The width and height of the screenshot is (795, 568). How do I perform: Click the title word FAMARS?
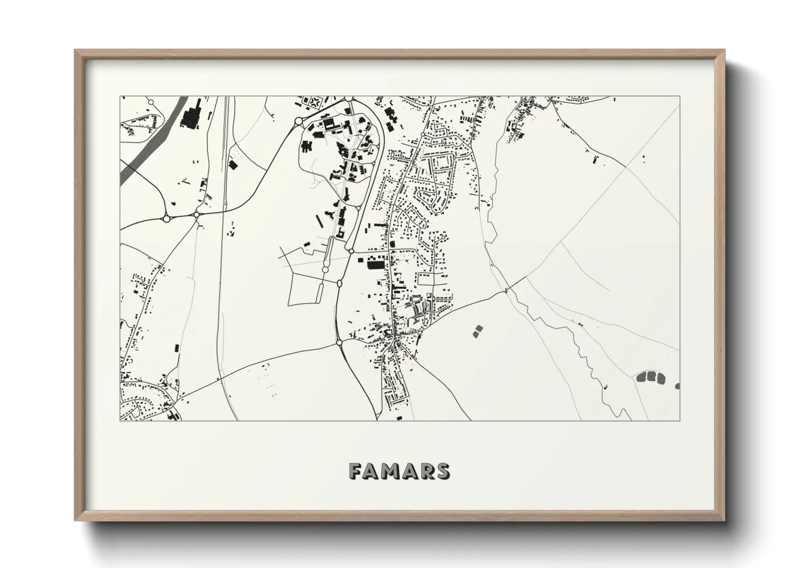399,471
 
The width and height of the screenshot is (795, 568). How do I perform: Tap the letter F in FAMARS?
356,471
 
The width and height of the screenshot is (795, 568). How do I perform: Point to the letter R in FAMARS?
427,471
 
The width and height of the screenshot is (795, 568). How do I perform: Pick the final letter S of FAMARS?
443,471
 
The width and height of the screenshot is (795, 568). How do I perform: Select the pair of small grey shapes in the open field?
478,331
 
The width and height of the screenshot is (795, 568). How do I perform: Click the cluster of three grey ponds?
651,377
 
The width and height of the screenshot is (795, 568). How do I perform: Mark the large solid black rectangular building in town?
376,264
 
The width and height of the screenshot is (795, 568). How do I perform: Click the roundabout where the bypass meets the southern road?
339,342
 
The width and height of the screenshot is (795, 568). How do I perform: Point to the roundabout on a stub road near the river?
151,101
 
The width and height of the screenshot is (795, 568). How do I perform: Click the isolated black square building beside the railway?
233,165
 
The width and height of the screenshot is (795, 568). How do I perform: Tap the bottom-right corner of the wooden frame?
724,520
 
